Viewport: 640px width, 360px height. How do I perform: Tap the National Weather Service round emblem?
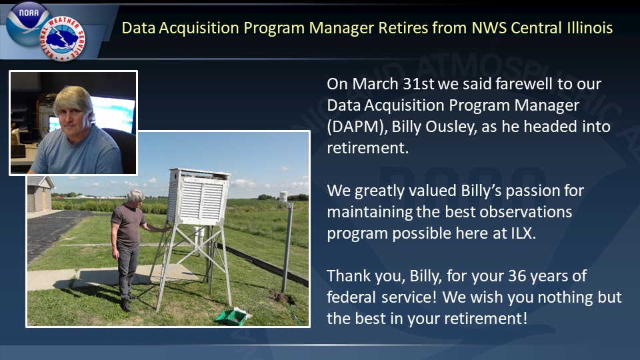pos(63,39)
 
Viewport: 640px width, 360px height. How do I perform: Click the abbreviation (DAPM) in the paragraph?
pos(357,127)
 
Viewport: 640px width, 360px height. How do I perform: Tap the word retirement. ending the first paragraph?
pos(368,148)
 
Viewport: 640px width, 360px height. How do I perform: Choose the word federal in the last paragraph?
pos(351,297)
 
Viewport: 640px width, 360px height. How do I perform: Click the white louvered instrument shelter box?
pos(199,196)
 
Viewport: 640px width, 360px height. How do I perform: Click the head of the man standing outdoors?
pos(135,196)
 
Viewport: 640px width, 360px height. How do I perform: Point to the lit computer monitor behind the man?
pos(112,113)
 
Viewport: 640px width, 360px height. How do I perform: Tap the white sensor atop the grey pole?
pos(283,197)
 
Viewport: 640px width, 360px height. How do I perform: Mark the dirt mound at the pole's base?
pos(281,296)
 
